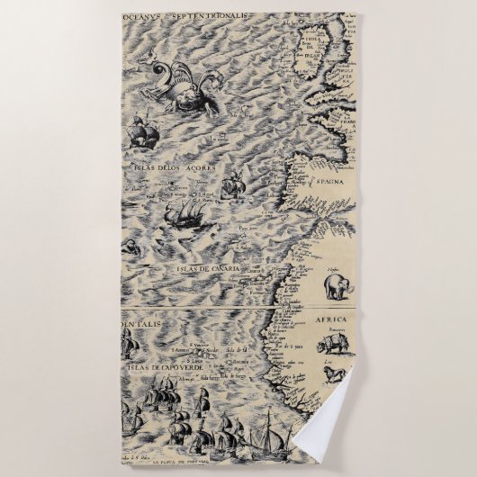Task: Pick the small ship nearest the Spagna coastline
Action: point(233,184)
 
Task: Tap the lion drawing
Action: point(334,373)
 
